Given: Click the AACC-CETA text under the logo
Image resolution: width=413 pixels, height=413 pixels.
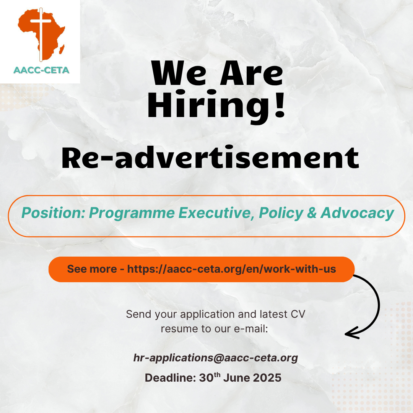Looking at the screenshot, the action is [41, 70].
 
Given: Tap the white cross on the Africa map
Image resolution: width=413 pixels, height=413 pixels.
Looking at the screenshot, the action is [41, 34].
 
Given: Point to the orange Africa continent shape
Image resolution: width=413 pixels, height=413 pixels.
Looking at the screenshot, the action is [41, 34].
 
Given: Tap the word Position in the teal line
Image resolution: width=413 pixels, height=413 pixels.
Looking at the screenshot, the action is [53, 213].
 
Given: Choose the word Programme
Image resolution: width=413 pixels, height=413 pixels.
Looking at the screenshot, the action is [132, 213].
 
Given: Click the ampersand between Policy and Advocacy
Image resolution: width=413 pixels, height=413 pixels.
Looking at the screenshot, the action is [312, 213].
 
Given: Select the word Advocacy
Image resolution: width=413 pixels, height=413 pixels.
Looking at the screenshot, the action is [357, 213].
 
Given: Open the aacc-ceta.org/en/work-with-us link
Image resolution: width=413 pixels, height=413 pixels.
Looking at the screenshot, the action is [231, 269].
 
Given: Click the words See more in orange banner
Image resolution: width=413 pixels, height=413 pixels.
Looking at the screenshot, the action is [92, 269].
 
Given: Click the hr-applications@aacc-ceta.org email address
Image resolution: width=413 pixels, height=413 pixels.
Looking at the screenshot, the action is [215, 358].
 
